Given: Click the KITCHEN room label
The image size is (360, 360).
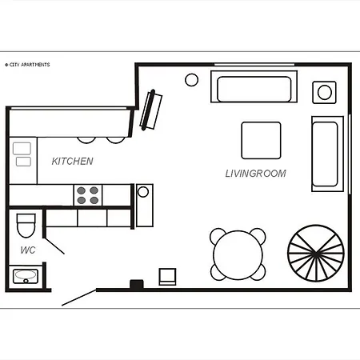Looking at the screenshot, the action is tap(72, 161).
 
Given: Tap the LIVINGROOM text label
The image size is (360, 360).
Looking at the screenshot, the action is tap(256, 174).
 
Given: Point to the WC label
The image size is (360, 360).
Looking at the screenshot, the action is tap(28, 250).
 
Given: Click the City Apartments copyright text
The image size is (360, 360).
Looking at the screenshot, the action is tap(27, 65).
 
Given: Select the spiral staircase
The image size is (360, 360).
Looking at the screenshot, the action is tap(316, 253).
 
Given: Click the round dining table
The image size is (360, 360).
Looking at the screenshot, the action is tap(238, 254).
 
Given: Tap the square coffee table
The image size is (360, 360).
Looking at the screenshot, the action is tap(261, 141).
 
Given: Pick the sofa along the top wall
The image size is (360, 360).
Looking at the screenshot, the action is tap(254, 86).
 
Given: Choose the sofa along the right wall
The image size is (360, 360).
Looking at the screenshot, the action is tap(327, 154).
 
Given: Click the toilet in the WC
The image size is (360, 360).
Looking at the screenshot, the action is tap(26, 226).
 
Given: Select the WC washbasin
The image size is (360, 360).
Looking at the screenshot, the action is tap(26, 276).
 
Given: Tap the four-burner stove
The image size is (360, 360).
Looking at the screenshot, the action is tap(88, 195).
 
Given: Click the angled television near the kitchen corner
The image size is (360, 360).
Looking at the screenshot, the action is tap(151, 110).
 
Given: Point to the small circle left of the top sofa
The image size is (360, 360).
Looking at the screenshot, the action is tap(191, 80).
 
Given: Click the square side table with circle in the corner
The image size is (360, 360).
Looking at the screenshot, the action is tap(324, 92).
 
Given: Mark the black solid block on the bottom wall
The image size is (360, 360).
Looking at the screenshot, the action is tap(137, 284).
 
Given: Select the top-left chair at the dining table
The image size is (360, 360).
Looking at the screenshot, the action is tap(217, 234).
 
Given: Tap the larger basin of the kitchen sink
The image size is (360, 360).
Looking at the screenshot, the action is tap(22, 148).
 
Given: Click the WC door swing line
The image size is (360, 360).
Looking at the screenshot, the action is tap(54, 246).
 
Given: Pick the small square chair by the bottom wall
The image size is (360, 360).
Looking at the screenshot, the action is tap(167, 277).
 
